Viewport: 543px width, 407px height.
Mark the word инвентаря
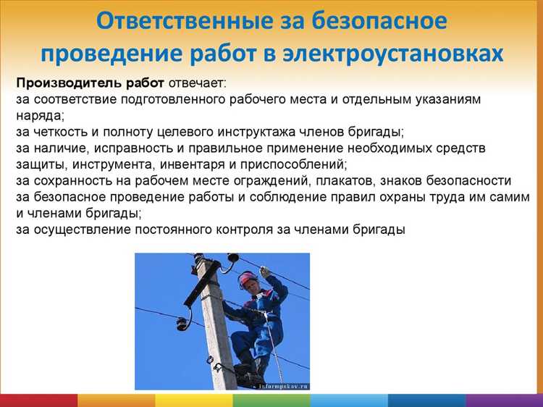217,164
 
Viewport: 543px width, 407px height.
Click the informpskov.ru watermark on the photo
283,386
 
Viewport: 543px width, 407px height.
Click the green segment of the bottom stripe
271,400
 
